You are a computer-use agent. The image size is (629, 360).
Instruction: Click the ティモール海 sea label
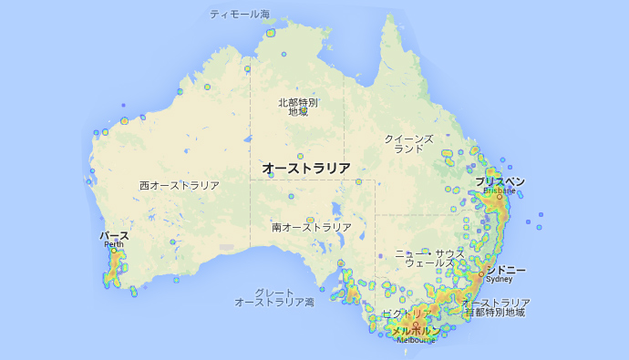pos(240,15)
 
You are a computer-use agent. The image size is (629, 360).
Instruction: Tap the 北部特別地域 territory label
pos(297,107)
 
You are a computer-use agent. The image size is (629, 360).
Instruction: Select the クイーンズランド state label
pos(408,143)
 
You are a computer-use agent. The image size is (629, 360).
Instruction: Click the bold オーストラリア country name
pos(305,169)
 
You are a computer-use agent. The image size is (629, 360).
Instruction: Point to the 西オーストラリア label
pos(179,185)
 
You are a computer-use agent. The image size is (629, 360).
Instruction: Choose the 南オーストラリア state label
pos(311,226)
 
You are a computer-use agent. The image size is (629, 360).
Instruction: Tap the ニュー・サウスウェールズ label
pos(429,257)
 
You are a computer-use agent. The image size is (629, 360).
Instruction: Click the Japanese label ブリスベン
pos(499,181)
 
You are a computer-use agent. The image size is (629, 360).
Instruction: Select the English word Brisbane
pos(499,191)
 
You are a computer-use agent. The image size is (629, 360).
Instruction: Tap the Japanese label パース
pos(114,236)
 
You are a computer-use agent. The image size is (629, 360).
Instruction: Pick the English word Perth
pos(114,244)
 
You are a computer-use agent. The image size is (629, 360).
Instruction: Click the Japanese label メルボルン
pos(415,331)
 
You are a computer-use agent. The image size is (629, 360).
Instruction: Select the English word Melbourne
pos(417,340)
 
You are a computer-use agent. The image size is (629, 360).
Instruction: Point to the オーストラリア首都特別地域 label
pos(494,307)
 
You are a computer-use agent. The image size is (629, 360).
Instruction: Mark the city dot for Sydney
pos(480,273)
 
